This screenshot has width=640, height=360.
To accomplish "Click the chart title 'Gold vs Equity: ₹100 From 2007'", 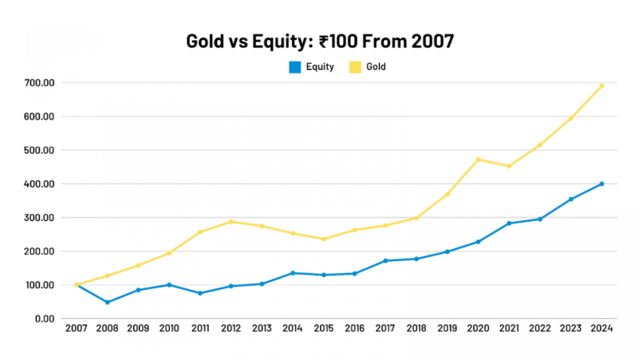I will click(319, 40).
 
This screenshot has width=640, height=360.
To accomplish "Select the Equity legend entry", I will click(311, 66).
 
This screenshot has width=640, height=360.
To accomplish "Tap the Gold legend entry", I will click(367, 66).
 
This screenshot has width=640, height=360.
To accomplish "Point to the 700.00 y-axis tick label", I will click(39, 83).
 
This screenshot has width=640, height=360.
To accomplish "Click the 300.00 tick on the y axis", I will click(39, 218).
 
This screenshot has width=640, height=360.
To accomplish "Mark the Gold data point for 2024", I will click(602, 85).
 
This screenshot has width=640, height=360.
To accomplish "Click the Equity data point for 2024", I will click(602, 183).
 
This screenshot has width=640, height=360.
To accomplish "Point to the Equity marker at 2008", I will click(108, 302).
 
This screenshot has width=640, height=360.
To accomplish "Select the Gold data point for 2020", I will click(478, 160).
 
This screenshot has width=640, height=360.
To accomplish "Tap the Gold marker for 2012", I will click(231, 222).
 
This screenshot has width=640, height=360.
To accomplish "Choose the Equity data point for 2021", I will click(509, 224).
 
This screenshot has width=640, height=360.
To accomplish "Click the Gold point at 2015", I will click(323, 239).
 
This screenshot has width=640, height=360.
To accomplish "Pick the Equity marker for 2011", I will click(200, 293).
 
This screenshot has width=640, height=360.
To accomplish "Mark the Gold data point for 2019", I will click(447, 195).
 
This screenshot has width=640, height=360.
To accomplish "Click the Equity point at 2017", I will click(386, 260).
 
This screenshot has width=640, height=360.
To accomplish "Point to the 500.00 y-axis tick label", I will click(39, 150).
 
